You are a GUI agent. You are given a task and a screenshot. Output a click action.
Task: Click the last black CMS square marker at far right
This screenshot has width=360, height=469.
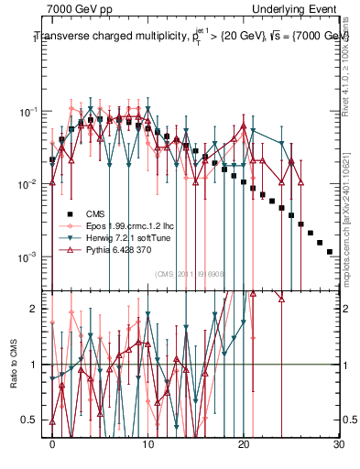(x=330, y=251)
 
